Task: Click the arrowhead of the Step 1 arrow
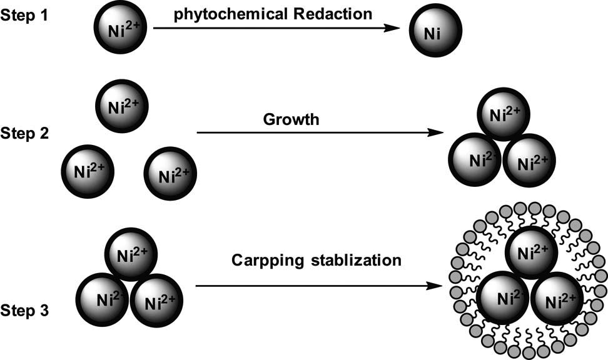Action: tap(392, 29)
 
